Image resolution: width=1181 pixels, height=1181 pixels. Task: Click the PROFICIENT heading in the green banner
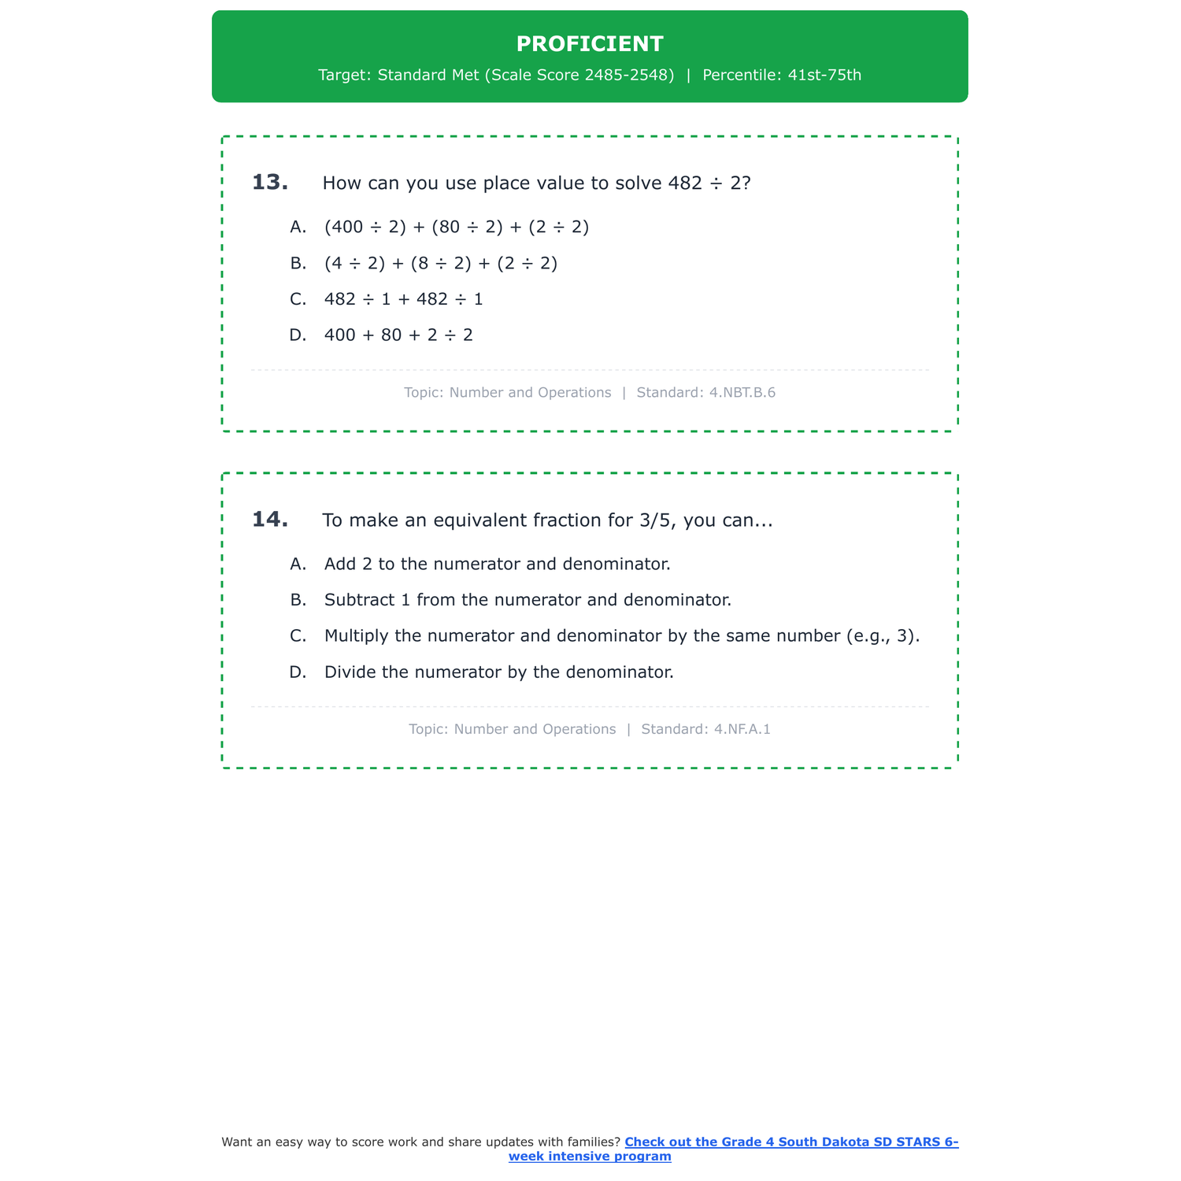coord(590,44)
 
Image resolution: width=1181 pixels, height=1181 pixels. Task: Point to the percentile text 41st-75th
coord(824,76)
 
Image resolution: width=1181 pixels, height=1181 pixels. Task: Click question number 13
coord(270,183)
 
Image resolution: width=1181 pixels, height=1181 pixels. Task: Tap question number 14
coord(270,520)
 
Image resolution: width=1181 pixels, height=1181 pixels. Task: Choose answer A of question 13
coord(456,228)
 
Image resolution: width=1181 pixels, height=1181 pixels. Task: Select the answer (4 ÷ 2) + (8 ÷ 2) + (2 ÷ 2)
coord(440,264)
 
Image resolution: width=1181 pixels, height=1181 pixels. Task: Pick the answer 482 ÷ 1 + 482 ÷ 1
coord(403,300)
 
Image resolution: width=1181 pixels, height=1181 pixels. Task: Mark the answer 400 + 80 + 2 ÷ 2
coord(398,335)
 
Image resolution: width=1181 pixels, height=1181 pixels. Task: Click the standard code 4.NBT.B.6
coord(742,393)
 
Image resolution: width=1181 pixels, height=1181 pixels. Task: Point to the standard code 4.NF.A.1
coord(742,730)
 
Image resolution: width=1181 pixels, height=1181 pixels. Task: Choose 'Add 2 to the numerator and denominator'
coord(497,565)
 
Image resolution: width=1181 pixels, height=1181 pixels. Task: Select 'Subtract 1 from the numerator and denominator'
coord(528,601)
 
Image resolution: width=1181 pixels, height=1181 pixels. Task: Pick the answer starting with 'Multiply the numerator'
coord(621,636)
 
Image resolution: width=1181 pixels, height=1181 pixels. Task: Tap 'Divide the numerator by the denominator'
coord(498,672)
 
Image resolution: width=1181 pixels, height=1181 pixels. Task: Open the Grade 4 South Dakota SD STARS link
coord(790,1142)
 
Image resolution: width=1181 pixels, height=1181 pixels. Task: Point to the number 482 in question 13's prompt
coord(684,183)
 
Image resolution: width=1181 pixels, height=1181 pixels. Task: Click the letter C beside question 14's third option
coord(298,636)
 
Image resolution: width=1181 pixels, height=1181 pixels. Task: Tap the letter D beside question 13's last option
coord(298,335)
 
